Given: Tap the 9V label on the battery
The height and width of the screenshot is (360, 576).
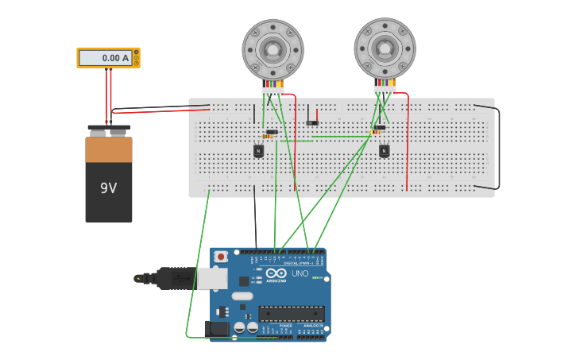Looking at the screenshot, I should tap(109, 188).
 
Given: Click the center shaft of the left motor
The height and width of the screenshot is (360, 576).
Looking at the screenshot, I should tap(273, 49).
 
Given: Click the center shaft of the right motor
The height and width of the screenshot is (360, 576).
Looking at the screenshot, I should tap(385, 48).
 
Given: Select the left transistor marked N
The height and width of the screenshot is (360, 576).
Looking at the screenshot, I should tap(258, 150).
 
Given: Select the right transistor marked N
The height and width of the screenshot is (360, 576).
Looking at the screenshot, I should tap(384, 150).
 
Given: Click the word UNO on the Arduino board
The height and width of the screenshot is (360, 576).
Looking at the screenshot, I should tap(300, 273).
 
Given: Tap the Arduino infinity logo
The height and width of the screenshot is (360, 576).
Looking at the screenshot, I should tap(276, 273).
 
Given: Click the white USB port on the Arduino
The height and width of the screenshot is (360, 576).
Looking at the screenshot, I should tap(211, 278).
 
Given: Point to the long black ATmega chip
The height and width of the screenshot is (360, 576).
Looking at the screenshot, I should tap(291, 314).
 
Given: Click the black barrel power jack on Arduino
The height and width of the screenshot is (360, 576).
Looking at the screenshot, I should tap(216, 329).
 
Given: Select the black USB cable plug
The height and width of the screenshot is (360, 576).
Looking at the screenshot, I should tap(175, 278).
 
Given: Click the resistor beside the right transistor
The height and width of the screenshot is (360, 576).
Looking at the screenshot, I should tap(376, 132).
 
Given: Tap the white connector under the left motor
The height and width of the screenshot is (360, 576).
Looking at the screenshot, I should tap(273, 91).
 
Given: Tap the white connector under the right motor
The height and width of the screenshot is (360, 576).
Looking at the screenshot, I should tap(385, 90).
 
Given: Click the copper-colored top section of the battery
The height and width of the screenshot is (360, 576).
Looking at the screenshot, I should tap(109, 149).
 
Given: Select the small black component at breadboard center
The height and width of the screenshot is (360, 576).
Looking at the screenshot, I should tap(312, 122).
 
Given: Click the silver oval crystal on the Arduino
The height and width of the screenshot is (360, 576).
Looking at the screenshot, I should tap(242, 296).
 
